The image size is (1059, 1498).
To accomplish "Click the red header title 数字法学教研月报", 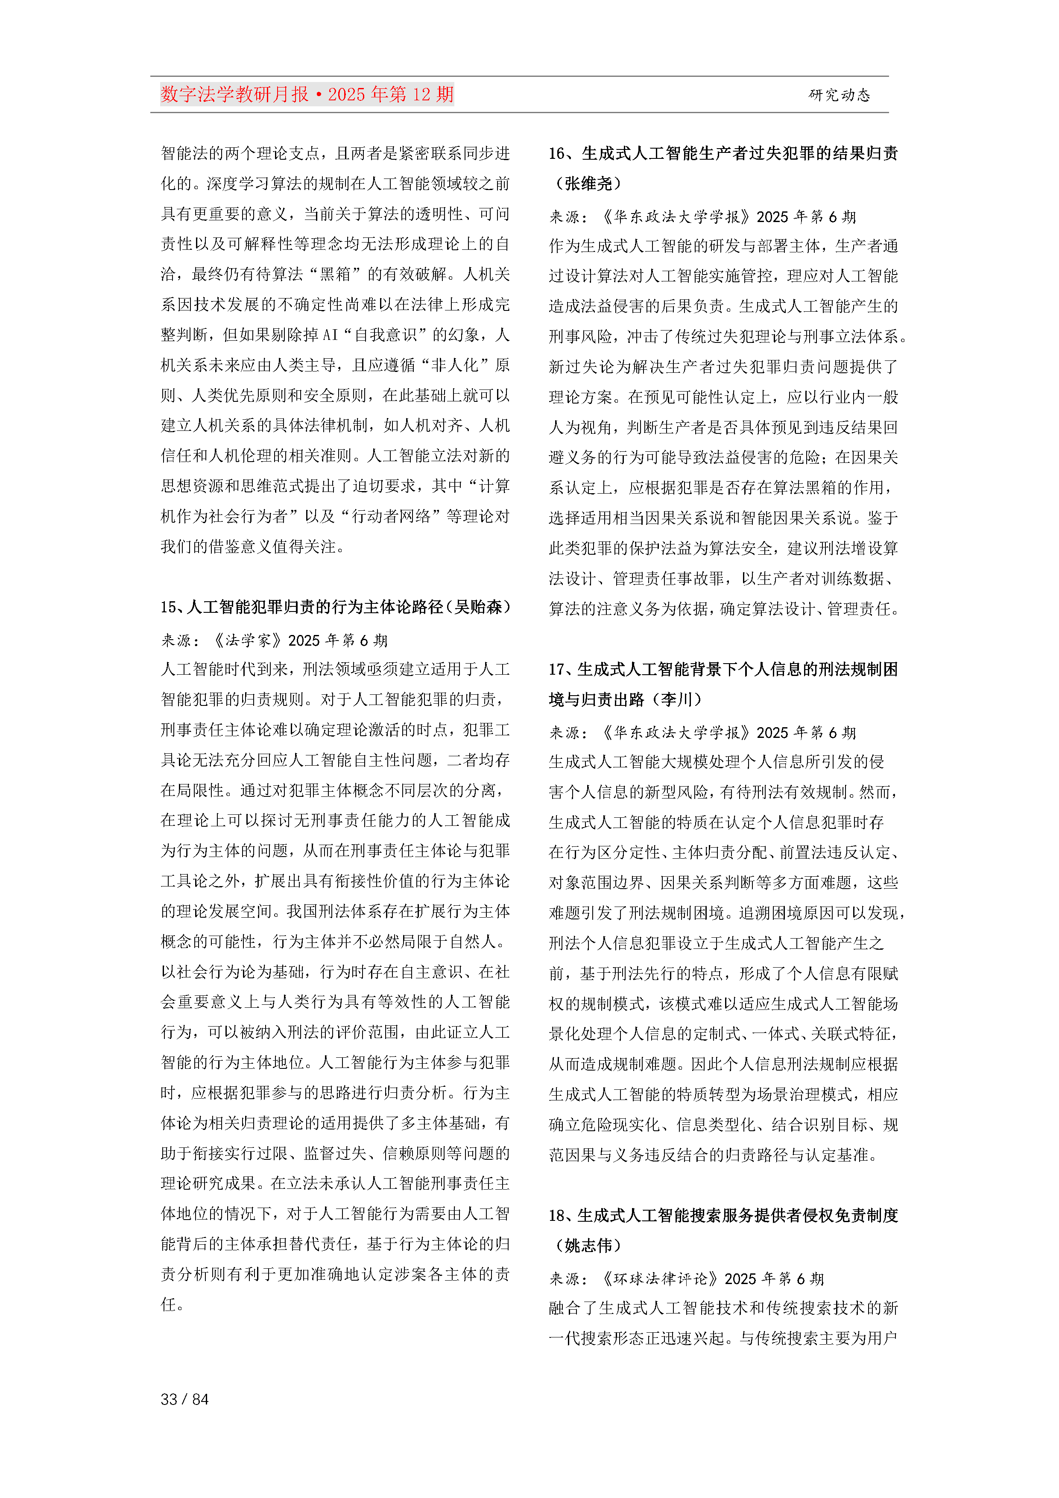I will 234,95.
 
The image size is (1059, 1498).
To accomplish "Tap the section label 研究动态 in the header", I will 839,95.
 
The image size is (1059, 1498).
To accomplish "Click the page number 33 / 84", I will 184,1399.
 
